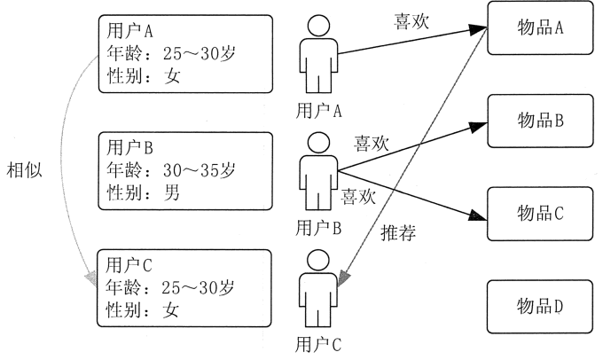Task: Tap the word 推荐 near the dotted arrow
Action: click(398, 235)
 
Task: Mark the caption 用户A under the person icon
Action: click(321, 109)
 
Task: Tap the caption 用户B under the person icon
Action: click(321, 226)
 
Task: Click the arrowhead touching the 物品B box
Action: click(480, 124)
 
